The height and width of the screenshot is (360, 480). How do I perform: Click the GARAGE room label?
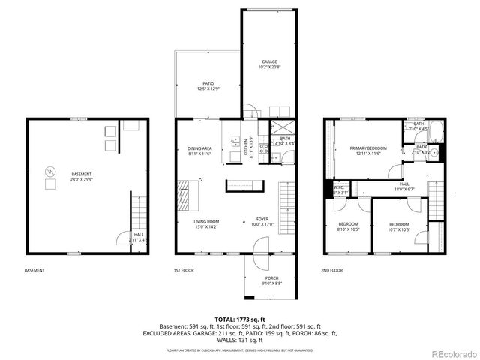pyautogui.click(x=269, y=64)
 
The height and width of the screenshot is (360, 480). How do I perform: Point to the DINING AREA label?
pyautogui.click(x=199, y=151)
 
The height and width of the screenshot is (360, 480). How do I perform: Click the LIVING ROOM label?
pyautogui.click(x=206, y=224)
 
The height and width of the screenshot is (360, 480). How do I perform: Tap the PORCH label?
pyautogui.click(x=272, y=280)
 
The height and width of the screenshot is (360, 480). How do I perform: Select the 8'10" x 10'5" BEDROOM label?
pyautogui.click(x=348, y=226)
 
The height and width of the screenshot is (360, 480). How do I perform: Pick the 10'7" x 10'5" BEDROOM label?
pyautogui.click(x=399, y=226)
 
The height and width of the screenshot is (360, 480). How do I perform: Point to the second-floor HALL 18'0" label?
pyautogui.click(x=404, y=186)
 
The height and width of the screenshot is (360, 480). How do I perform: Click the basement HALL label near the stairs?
pyautogui.click(x=139, y=236)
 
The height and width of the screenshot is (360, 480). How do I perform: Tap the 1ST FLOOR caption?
pyautogui.click(x=184, y=270)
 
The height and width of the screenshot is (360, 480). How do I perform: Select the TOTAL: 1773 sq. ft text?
pyautogui.click(x=239, y=318)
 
